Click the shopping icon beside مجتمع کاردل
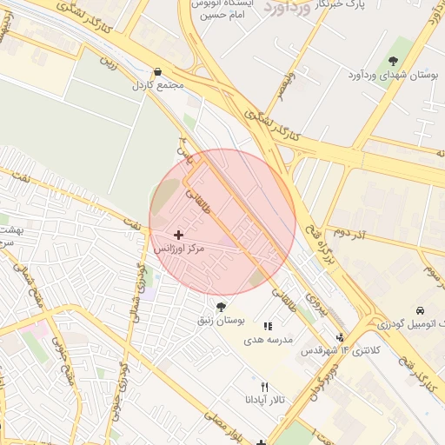coord(157,72)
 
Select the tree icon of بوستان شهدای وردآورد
coord(394,61)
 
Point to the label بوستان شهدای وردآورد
coord(394,76)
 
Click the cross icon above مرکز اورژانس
coord(179,235)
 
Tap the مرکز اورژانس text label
coord(179,249)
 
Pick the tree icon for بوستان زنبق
coord(221,307)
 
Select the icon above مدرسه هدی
coord(268,325)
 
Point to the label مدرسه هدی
coord(267,339)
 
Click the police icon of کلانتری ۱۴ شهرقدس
coord(340,337)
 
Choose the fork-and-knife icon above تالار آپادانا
coord(264,387)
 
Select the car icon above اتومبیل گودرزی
coord(421,310)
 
